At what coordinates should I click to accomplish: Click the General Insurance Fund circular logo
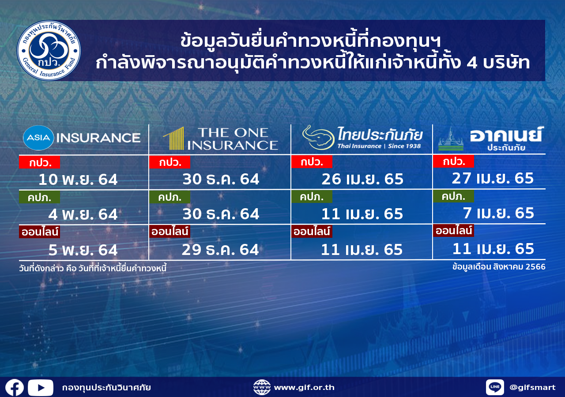coord(49,50)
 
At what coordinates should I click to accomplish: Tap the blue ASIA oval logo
coord(38,138)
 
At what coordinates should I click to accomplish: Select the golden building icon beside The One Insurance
coord(174,139)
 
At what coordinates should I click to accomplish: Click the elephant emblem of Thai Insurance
coord(318,137)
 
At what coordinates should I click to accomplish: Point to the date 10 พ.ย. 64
coord(78,180)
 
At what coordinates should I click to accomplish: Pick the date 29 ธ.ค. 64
coord(220,250)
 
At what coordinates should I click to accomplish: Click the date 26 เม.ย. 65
coord(362,179)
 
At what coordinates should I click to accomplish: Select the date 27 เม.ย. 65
coord(493,178)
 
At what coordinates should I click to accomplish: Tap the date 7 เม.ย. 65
coord(498,213)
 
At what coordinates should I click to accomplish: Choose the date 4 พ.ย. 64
coord(83,214)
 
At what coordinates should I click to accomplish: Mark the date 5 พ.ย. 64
coord(83,250)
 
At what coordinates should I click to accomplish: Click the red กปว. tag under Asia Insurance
coord(40,162)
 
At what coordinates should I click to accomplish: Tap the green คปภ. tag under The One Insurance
coord(170,197)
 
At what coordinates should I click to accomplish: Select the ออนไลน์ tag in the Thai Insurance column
coord(312,231)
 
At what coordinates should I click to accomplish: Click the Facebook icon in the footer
coord(15,388)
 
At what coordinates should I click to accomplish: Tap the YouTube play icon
coord(41,388)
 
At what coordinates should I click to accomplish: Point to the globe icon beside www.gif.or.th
coord(262,387)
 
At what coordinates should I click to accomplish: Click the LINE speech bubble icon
coord(495,387)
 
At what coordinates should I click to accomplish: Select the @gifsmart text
coord(532,387)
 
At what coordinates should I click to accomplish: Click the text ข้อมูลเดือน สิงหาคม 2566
coord(499,267)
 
